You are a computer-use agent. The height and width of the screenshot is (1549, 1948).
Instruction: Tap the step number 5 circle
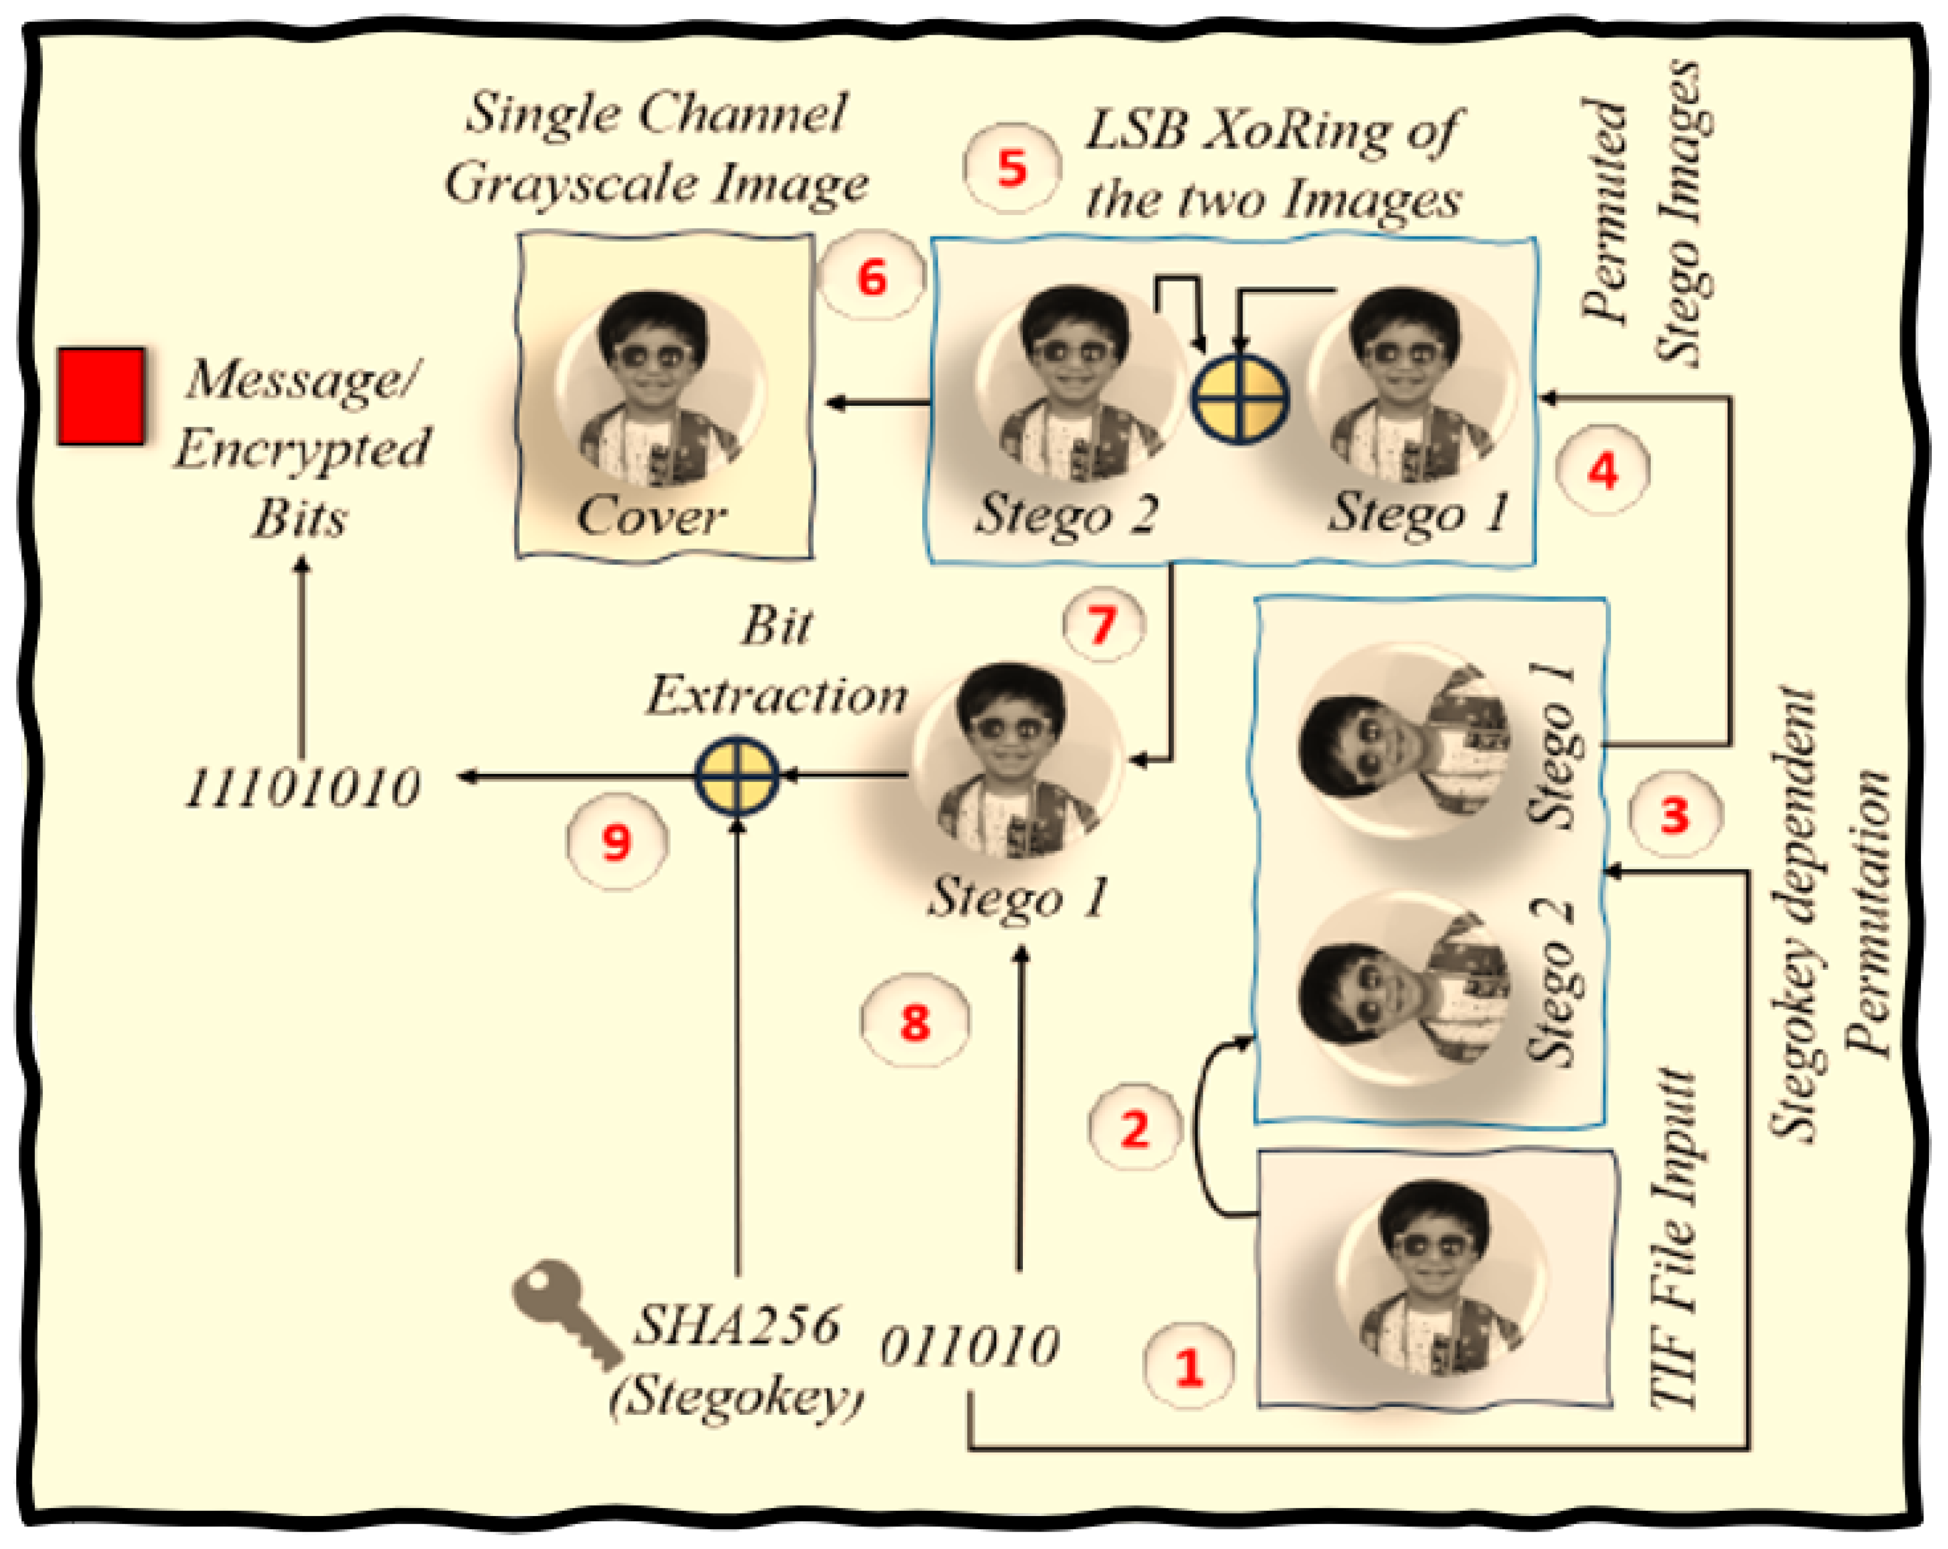tap(1012, 169)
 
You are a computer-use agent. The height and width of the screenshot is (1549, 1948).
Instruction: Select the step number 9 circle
tap(617, 842)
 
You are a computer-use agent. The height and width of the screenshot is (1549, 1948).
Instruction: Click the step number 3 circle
tap(1675, 815)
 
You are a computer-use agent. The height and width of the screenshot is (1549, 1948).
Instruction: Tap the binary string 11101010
tap(302, 788)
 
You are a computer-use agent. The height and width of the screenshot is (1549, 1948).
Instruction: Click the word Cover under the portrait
tap(650, 517)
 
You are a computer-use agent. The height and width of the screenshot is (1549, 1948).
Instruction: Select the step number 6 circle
tap(871, 277)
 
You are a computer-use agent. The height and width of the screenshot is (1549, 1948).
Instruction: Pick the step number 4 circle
tap(1603, 470)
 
